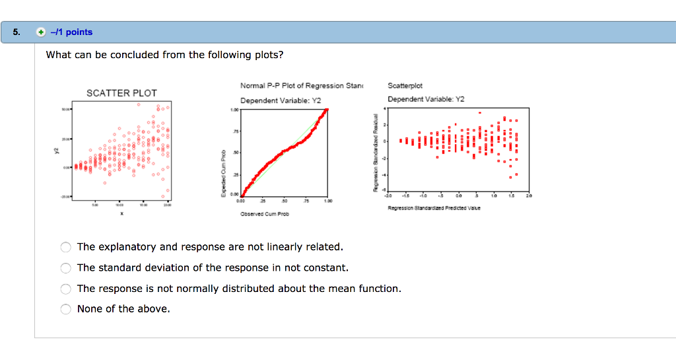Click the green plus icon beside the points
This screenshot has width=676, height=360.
click(x=41, y=32)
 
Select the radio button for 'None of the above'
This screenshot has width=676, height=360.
click(x=65, y=309)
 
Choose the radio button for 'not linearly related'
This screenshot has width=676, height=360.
click(x=65, y=247)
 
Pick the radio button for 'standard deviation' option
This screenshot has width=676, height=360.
click(x=65, y=268)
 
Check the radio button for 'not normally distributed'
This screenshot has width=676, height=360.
click(x=65, y=289)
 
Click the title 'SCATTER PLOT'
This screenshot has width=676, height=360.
click(x=121, y=93)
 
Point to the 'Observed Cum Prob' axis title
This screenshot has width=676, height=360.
click(x=264, y=214)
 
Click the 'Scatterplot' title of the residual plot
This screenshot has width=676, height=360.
click(x=405, y=86)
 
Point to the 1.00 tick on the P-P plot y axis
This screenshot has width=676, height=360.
click(x=234, y=110)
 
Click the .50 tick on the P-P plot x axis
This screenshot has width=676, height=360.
click(x=285, y=201)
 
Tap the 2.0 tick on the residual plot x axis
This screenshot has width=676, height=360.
click(x=528, y=196)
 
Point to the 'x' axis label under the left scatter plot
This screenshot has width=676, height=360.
click(x=121, y=213)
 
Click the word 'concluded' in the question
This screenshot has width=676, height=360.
click(x=134, y=55)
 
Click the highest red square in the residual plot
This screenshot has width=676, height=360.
click(x=480, y=112)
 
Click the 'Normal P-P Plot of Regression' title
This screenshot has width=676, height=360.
click(x=292, y=86)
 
